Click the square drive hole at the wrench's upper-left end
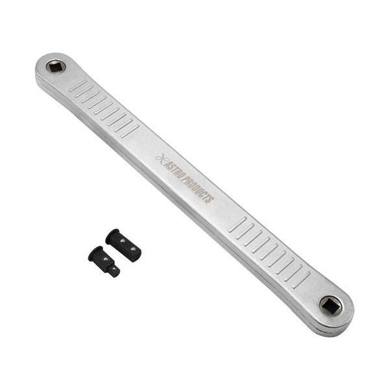pos(56,67)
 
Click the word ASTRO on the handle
pos(173,169)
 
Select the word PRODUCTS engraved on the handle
pos(198,189)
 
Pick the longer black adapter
pos(123,245)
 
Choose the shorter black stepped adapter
pos(104,261)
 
